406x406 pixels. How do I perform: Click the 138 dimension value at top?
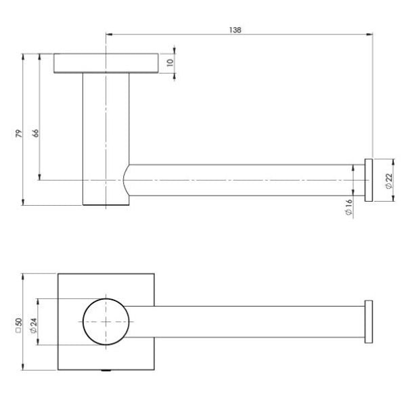pos(235,30)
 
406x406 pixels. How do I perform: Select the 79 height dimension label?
pos(20,133)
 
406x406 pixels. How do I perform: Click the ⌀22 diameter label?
pos(388,180)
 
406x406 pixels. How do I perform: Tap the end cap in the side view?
pos(369,180)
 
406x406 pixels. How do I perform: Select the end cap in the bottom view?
pos(369,321)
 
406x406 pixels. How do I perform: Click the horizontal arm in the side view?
pos(244,180)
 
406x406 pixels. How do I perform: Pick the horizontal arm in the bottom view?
pos(244,321)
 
